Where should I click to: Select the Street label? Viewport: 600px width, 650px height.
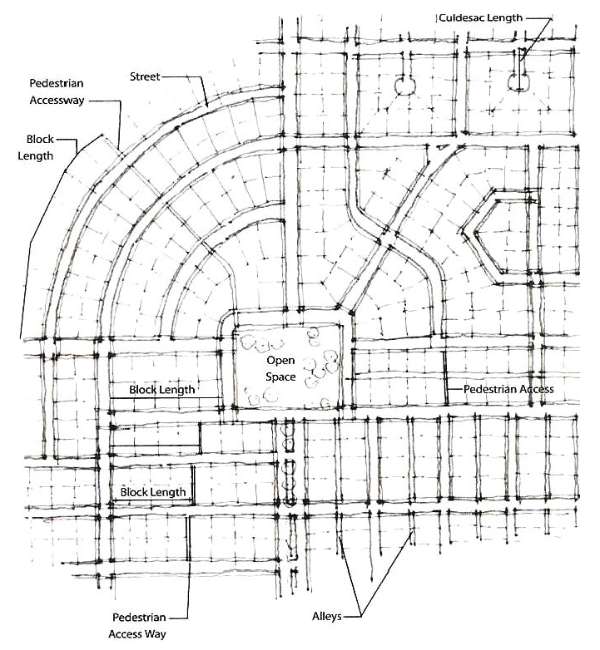click(x=144, y=76)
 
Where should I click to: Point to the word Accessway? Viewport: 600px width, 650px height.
click(x=57, y=100)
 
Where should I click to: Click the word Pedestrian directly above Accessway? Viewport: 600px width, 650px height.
click(x=56, y=85)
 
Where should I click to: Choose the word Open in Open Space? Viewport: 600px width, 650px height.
click(x=276, y=362)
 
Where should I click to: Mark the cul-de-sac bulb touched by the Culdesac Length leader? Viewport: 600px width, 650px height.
click(x=519, y=81)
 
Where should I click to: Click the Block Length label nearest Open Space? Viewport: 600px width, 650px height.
click(x=162, y=390)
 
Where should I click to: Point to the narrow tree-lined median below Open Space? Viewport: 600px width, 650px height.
click(x=289, y=461)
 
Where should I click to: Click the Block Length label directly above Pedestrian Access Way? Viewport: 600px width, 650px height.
click(x=154, y=493)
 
